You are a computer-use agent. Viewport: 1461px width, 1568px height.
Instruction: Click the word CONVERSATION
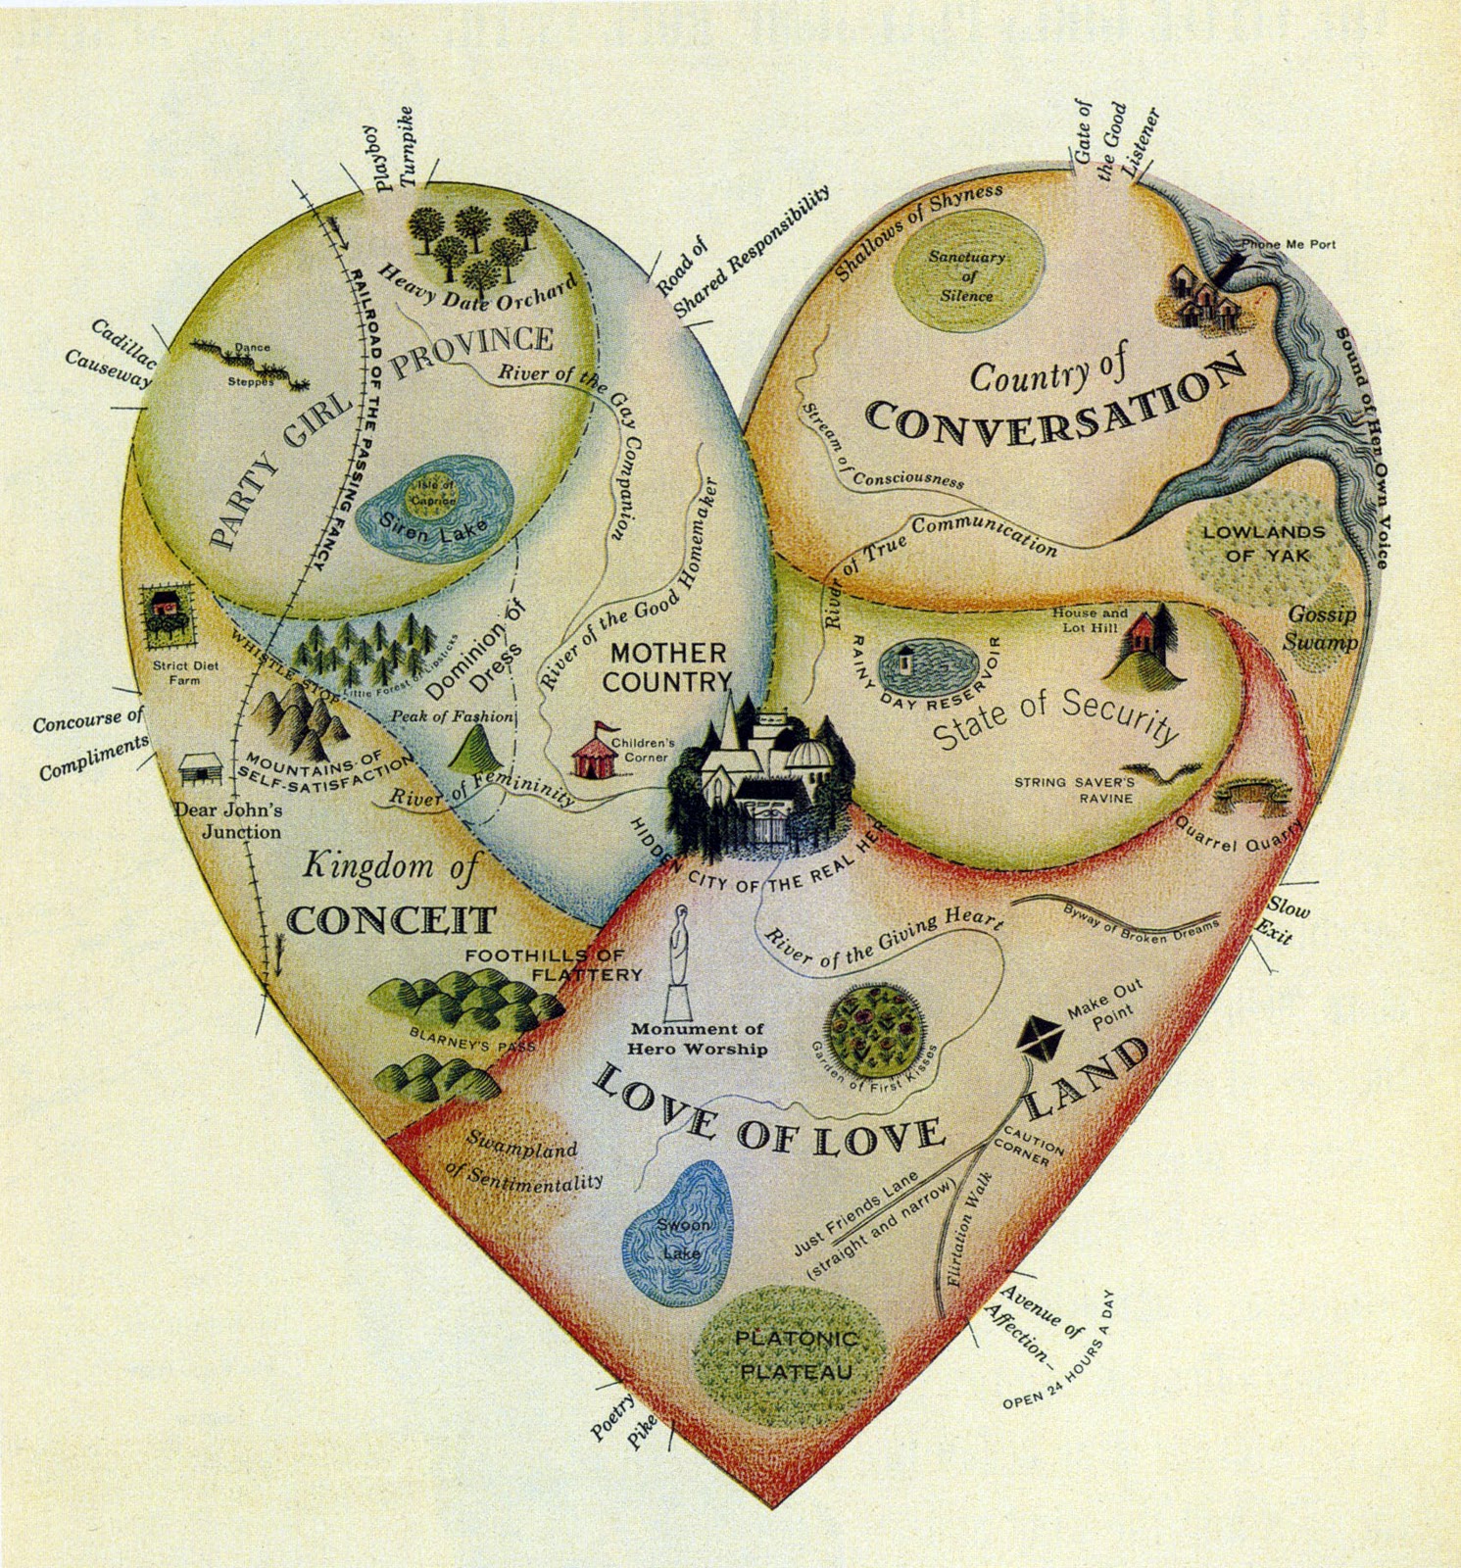click(x=1056, y=403)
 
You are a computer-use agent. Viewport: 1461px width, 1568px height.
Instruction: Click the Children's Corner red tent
click(x=593, y=753)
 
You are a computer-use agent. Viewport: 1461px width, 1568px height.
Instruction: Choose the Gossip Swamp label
click(x=1322, y=628)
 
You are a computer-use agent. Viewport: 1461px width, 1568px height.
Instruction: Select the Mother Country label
click(x=667, y=666)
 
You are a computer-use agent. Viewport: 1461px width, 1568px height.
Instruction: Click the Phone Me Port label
click(x=1288, y=244)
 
